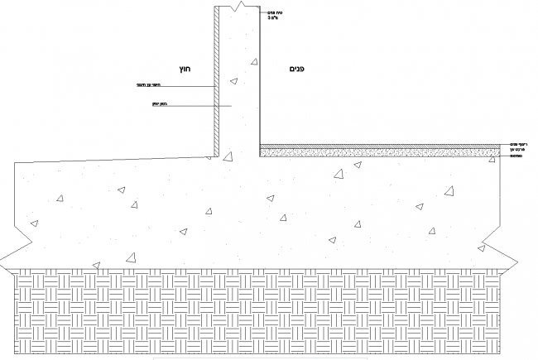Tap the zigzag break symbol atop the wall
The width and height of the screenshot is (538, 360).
238,7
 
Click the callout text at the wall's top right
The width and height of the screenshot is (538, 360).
272,15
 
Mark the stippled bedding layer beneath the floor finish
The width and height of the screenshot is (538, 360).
381,151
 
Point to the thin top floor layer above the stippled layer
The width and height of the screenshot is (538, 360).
381,146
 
